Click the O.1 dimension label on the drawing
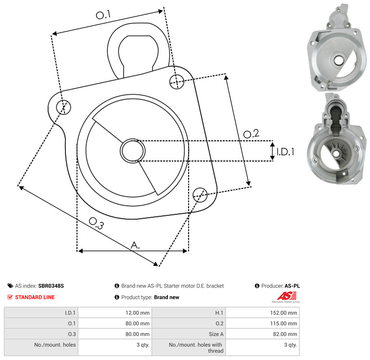point(103,15)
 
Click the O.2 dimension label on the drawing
point(251,134)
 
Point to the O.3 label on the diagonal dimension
point(96,223)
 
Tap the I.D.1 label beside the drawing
point(285,152)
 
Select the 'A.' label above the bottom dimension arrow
point(135,245)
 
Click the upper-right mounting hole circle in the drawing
point(177,82)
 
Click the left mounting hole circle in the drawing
point(64,107)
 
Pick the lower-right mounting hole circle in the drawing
point(200,195)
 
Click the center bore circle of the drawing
point(133,151)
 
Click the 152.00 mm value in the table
point(283,313)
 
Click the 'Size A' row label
point(216,334)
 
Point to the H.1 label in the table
point(219,313)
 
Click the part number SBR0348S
point(51,286)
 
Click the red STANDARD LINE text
point(35,298)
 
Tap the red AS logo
point(286,296)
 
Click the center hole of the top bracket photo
point(339,61)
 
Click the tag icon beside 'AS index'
point(10,286)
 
